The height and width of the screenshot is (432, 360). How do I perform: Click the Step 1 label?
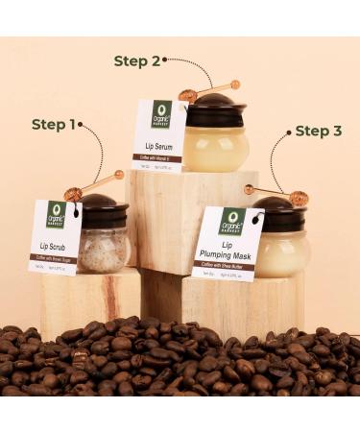54,124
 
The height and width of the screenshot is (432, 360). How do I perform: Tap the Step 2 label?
137,61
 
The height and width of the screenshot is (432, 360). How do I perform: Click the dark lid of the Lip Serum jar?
215,108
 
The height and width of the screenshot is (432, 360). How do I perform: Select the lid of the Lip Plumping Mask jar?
279,213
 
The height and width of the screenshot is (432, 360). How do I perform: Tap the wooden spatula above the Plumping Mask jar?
278,195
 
